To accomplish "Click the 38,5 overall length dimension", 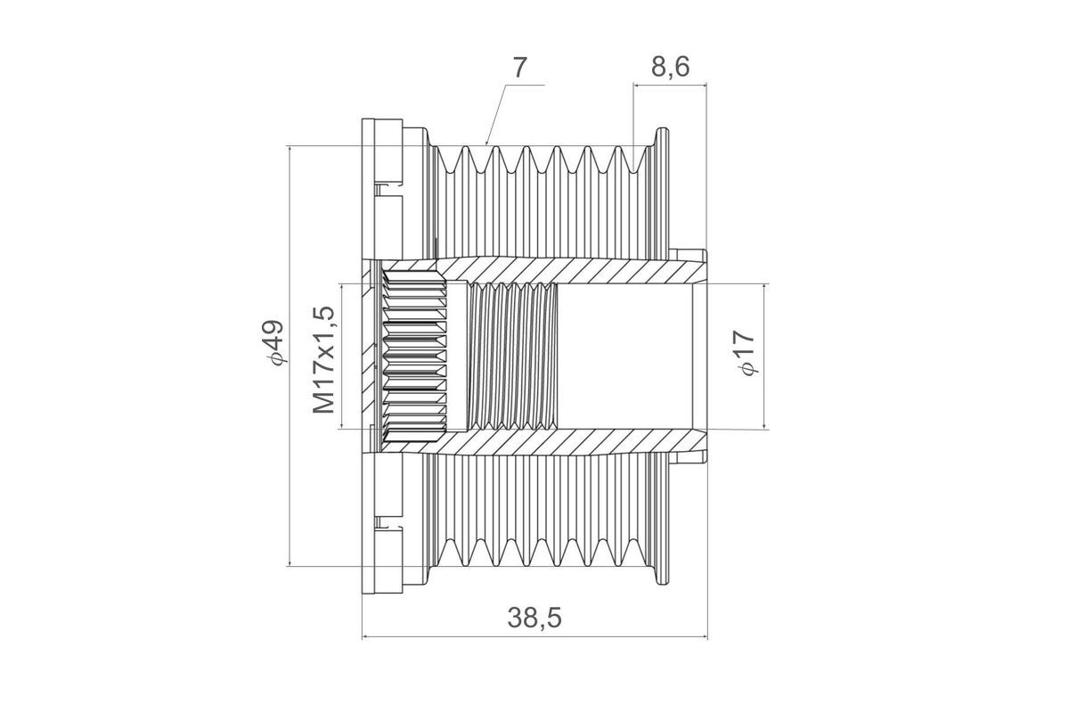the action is click(534, 618).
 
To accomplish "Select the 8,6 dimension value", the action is click(670, 67).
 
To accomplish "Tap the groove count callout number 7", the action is click(519, 68).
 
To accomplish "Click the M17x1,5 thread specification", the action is click(324, 359).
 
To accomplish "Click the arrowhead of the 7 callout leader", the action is click(486, 143).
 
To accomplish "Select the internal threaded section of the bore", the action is click(512, 356).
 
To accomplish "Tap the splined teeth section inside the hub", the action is click(414, 356).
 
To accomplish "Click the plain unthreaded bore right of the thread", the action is click(624, 356).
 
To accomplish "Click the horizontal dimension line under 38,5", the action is click(534, 636).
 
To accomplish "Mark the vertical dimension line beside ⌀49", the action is click(290, 356).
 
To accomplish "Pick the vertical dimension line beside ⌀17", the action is click(764, 356).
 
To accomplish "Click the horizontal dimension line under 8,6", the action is click(670, 86).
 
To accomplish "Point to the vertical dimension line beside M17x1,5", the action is click(342, 356).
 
